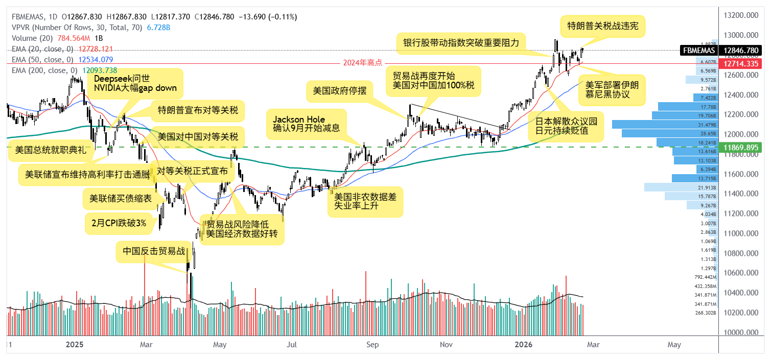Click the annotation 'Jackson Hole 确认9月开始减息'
coord(306,124)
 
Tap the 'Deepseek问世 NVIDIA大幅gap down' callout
coord(135,83)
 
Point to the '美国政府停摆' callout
coord(339,92)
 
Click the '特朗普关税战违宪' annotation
coord(602,25)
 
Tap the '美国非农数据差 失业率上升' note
coord(365,201)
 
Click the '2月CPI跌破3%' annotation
coord(119,223)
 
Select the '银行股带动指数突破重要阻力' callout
coord(461,43)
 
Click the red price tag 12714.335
coord(740,64)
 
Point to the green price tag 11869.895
coord(740,147)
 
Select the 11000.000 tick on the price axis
coord(740,233)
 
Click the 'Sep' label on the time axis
coord(372,345)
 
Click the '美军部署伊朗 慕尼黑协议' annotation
coord(615,90)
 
